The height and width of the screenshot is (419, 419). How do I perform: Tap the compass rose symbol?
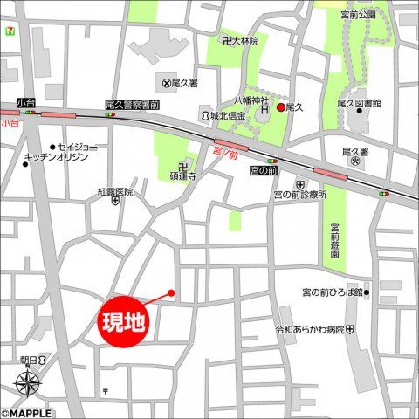[28, 382]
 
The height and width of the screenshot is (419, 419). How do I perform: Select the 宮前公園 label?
[358, 15]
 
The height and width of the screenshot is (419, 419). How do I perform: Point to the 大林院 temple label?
[246, 40]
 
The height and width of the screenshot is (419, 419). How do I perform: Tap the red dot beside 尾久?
[280, 107]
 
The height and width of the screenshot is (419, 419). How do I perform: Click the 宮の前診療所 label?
[299, 195]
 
